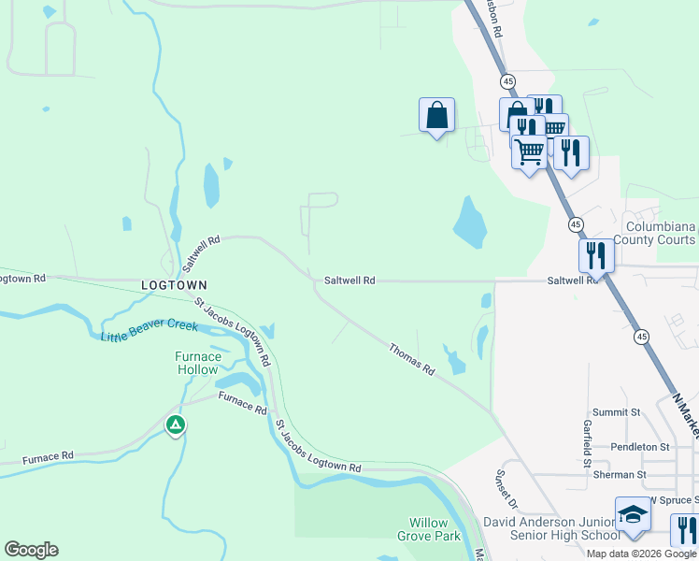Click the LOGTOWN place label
(x=173, y=284)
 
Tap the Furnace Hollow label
(x=198, y=363)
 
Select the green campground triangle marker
(x=175, y=425)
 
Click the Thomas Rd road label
(x=412, y=359)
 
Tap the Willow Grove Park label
(x=435, y=530)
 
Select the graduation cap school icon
(x=633, y=515)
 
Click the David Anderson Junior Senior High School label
(x=550, y=528)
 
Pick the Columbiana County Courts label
(x=661, y=233)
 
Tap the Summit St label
(x=616, y=412)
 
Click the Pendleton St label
(x=640, y=447)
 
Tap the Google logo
(x=31, y=550)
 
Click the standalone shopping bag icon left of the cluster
(x=436, y=116)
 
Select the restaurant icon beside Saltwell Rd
(x=595, y=253)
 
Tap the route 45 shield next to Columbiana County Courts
(x=576, y=224)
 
